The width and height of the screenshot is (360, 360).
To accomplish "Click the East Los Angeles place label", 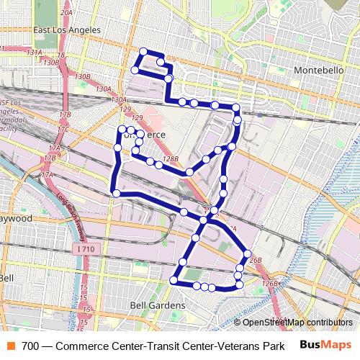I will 67,30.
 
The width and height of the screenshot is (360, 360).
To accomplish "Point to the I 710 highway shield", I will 84,248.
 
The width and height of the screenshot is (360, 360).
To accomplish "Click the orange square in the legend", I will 10,346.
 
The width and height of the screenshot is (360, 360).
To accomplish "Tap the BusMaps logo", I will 326,345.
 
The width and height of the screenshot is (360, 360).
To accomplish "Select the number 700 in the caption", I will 30,346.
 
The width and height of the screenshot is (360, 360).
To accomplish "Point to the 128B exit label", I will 171,160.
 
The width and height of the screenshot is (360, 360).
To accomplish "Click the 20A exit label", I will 66,12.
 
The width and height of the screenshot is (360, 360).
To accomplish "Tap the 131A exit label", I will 34,53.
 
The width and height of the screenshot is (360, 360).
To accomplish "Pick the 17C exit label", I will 64,129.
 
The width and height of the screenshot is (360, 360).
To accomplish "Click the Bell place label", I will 6,278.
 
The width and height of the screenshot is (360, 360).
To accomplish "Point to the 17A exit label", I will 47,175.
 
